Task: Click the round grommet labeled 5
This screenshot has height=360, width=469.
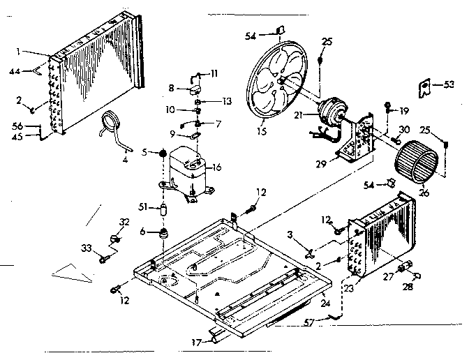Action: [x=162, y=153]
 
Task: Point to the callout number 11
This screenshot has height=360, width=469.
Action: [x=214, y=73]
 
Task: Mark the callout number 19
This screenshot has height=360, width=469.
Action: [x=403, y=110]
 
